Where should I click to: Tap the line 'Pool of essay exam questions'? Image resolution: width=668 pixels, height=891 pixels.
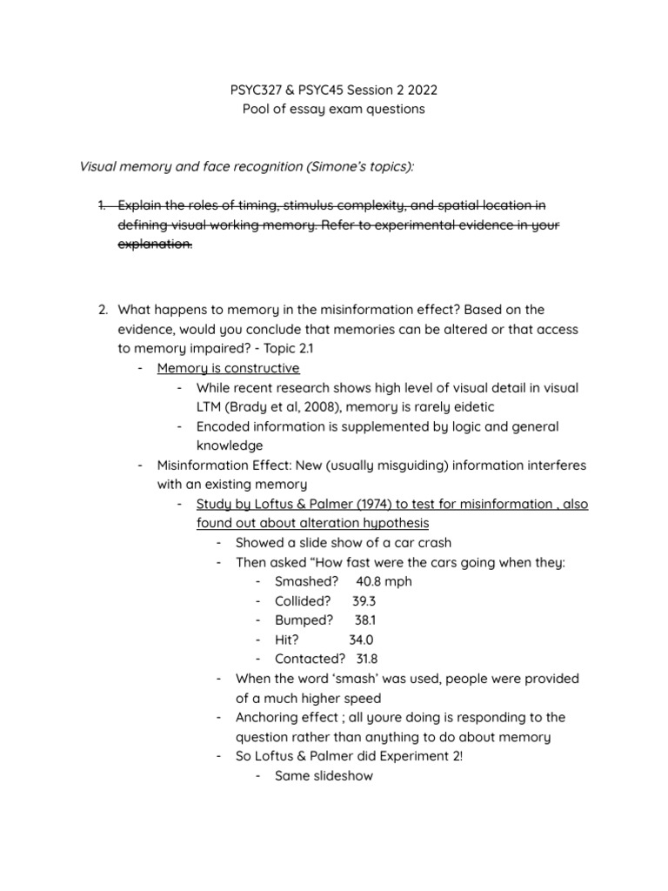(333, 109)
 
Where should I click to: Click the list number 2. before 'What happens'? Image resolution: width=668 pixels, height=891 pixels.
(103, 310)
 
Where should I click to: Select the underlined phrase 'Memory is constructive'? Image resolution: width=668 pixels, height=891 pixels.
(228, 368)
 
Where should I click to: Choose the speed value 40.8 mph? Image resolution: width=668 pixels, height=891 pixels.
(384, 581)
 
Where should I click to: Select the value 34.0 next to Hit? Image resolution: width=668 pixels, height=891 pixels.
(361, 640)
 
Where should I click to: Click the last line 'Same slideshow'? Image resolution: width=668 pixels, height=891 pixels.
(324, 775)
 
